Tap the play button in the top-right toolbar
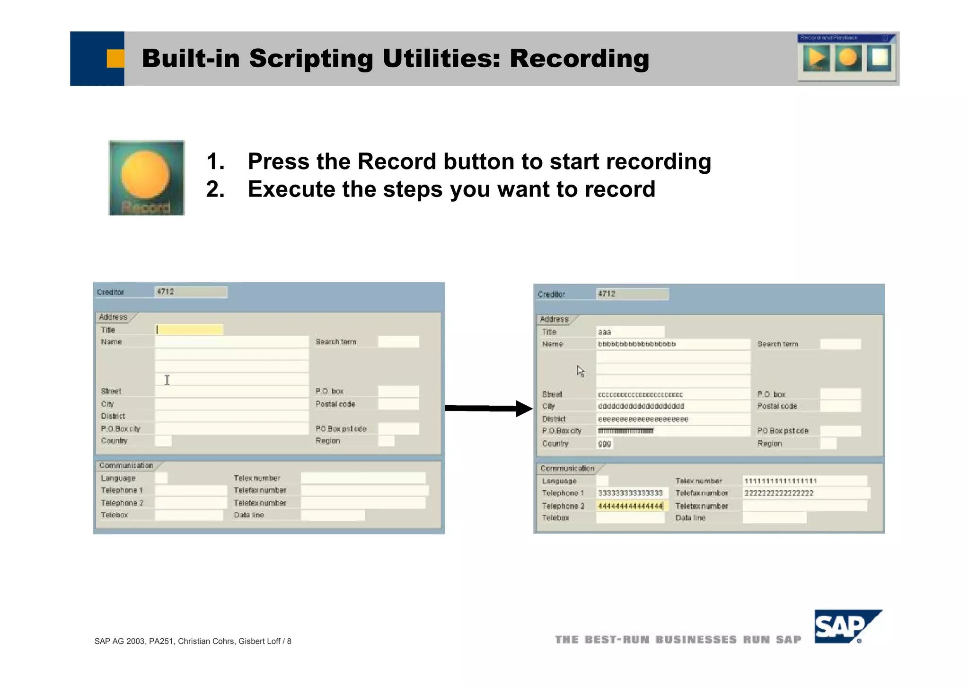(816, 58)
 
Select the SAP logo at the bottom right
(847, 626)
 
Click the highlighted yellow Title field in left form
(189, 330)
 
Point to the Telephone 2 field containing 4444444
(631, 506)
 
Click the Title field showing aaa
(630, 332)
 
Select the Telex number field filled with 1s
(804, 481)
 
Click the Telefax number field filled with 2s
(805, 493)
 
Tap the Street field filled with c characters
(672, 394)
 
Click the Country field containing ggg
(605, 444)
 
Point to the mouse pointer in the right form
(581, 371)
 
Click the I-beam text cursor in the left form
(167, 380)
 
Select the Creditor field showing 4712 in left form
(191, 292)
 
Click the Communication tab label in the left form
(126, 465)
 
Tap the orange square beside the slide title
(115, 59)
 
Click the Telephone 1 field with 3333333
(631, 493)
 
